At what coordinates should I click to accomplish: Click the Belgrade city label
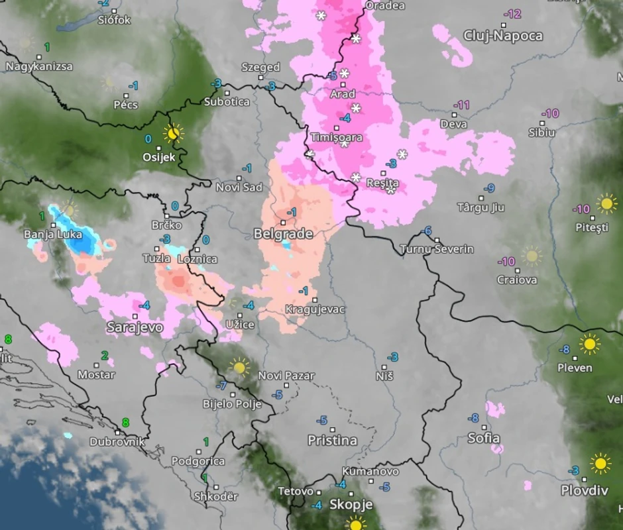[x=283, y=234]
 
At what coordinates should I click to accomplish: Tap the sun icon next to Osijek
[x=174, y=133]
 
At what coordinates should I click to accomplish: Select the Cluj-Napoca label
[x=503, y=36]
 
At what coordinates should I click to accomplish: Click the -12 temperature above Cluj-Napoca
[x=512, y=14]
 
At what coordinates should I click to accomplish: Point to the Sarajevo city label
[x=135, y=327]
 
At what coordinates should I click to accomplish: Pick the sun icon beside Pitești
[x=606, y=203]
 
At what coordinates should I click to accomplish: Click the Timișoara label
[x=337, y=138]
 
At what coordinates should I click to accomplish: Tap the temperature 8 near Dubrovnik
[x=125, y=422]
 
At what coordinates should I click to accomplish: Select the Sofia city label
[x=484, y=439]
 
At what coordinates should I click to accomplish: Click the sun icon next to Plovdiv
[x=600, y=463]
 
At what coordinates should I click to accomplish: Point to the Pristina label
[x=332, y=441]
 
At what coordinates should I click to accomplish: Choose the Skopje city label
[x=351, y=505]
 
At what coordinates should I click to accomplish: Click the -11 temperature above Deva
[x=461, y=105]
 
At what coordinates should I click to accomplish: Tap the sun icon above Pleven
[x=589, y=344]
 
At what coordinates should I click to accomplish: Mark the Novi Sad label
[x=239, y=187]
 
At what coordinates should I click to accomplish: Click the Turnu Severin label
[x=437, y=249]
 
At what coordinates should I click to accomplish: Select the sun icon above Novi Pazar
[x=239, y=366]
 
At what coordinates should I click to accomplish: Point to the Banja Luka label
[x=53, y=235]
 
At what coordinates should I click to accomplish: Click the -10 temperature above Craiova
[x=506, y=261]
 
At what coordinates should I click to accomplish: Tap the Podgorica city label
[x=198, y=461]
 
